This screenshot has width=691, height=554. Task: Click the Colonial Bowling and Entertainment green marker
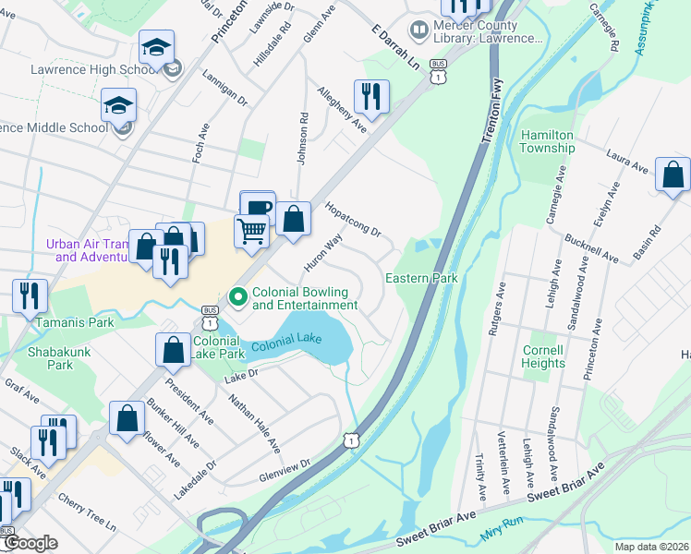pyautogui.click(x=237, y=296)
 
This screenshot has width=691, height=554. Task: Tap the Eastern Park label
pyautogui.click(x=421, y=278)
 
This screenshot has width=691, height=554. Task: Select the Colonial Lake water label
pyautogui.click(x=286, y=341)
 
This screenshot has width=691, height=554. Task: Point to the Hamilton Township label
pyautogui.click(x=547, y=141)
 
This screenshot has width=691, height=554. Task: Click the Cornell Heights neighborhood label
pyautogui.click(x=543, y=356)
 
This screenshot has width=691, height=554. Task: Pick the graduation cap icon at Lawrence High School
pyautogui.click(x=157, y=47)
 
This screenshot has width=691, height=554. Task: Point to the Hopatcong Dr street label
pyautogui.click(x=353, y=220)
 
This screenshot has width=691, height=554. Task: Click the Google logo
pyautogui.click(x=31, y=543)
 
